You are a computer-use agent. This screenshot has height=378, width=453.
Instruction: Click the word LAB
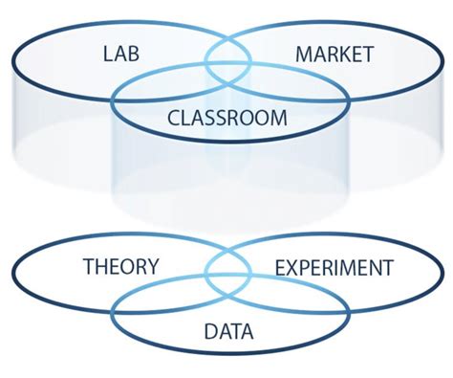(121, 53)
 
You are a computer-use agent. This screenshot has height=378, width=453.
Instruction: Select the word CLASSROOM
(226, 119)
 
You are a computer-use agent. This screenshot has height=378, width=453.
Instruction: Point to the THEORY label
(121, 266)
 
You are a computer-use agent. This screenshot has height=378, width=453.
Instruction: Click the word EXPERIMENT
(334, 267)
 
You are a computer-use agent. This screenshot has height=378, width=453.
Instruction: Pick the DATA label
(228, 332)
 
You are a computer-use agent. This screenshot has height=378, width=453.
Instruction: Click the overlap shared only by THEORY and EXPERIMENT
(227, 260)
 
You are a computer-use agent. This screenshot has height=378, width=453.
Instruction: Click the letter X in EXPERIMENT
(291, 267)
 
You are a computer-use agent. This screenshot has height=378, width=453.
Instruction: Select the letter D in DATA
(210, 332)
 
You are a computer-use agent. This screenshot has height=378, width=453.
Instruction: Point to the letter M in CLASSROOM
(280, 119)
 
